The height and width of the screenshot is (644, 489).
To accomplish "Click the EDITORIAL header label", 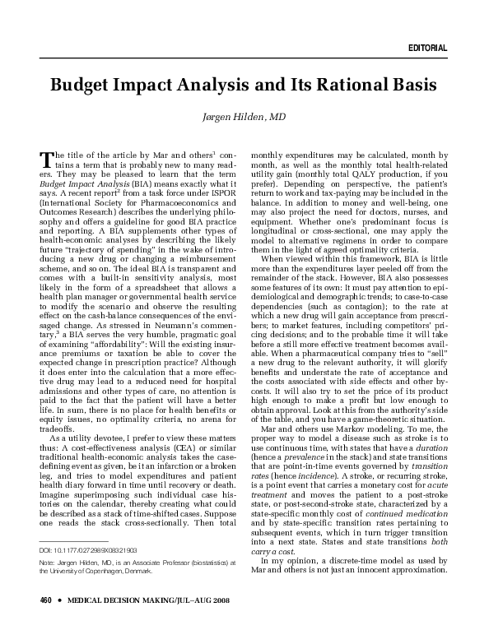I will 427,49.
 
